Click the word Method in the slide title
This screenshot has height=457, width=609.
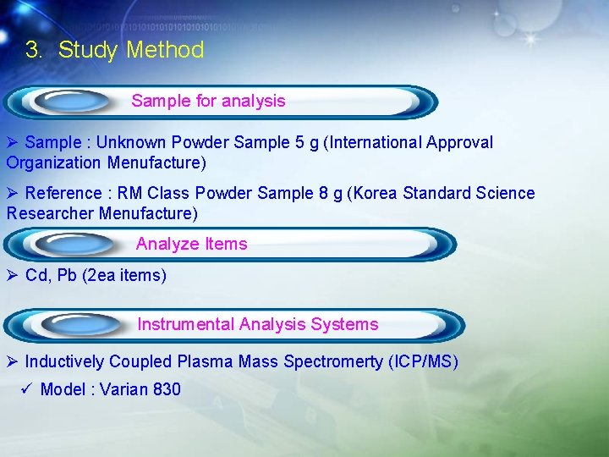tap(165, 50)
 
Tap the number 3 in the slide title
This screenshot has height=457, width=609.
tap(32, 50)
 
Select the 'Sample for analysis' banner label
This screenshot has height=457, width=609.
tap(208, 101)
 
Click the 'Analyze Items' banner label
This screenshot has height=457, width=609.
tap(191, 244)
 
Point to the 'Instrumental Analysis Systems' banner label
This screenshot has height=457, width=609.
tap(258, 324)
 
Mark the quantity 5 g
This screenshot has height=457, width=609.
tap(307, 142)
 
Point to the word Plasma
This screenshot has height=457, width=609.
tap(205, 361)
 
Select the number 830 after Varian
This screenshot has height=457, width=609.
tap(167, 389)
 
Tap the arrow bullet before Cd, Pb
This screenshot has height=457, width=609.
tap(12, 275)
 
